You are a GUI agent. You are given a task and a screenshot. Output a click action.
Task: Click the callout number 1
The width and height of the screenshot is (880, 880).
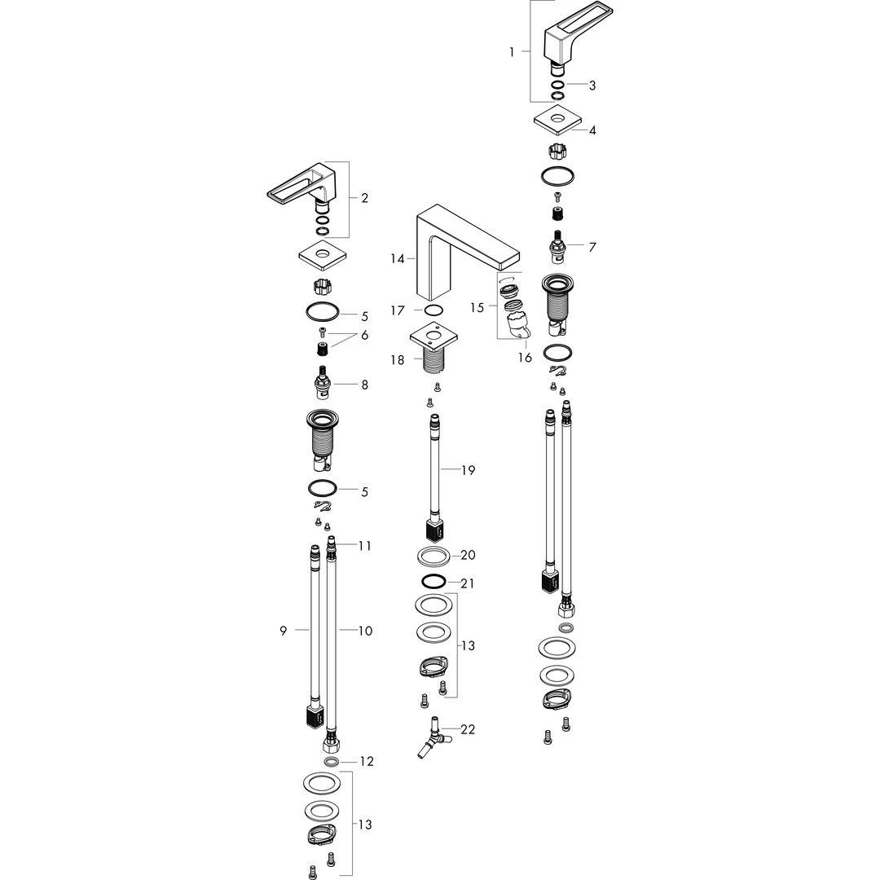pos(511,52)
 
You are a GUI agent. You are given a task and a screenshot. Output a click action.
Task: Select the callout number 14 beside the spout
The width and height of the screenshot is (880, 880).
pos(398,259)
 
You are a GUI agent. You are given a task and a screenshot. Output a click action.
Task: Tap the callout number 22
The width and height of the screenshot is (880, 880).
pos(468,729)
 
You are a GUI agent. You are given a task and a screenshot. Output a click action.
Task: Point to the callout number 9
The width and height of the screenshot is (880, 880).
pos(284,631)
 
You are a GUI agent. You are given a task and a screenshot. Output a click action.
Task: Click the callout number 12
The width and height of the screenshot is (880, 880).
pos(367,762)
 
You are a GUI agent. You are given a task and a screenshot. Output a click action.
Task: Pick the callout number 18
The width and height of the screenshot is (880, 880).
pos(398,360)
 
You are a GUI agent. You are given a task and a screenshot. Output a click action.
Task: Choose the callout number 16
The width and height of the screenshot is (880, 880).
pos(525,358)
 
